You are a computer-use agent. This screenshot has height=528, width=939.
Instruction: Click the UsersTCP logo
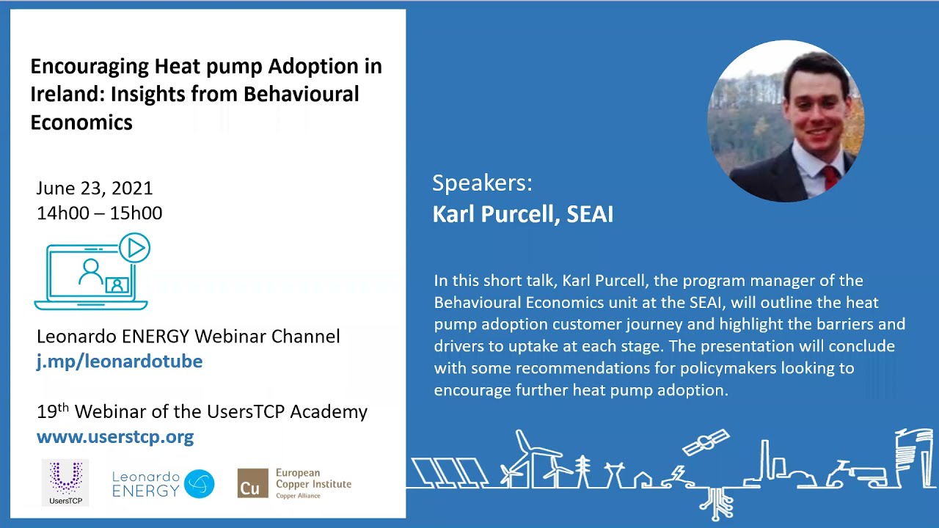tap(65, 483)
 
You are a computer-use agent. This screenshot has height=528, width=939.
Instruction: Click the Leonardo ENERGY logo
tap(163, 484)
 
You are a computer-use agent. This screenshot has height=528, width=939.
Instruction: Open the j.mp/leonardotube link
tap(120, 361)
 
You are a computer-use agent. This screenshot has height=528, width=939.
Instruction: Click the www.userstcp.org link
tap(115, 437)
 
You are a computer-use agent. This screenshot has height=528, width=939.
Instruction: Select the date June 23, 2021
tap(95, 188)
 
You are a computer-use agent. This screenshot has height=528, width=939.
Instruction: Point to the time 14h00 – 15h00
tap(99, 213)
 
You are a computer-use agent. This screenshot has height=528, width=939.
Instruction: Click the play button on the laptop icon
tap(135, 249)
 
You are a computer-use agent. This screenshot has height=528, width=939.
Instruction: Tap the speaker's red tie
tap(829, 177)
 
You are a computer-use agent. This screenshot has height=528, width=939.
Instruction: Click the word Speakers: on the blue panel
tap(482, 183)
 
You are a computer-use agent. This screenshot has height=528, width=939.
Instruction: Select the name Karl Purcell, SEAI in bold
tap(522, 214)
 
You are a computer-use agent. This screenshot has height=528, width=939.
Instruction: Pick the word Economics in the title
tap(81, 122)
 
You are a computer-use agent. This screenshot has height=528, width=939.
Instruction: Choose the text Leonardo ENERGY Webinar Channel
tap(189, 336)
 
